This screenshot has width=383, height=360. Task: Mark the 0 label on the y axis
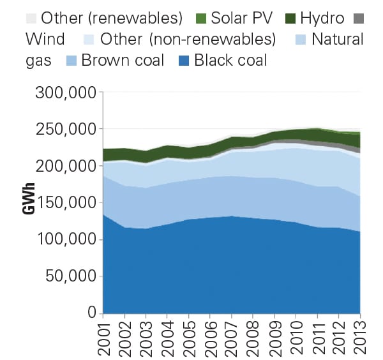[91, 313]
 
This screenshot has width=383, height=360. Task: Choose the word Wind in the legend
[45, 39]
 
